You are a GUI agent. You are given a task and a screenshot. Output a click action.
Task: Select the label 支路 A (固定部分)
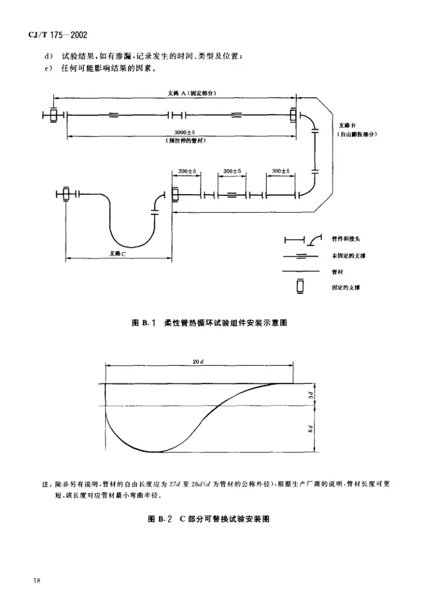[x=193, y=93]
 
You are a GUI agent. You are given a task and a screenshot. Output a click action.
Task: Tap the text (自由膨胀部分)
[x=357, y=135]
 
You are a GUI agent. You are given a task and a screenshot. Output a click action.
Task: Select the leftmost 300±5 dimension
[x=187, y=171]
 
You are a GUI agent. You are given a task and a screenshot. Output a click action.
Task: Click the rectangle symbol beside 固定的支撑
[x=301, y=286]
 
